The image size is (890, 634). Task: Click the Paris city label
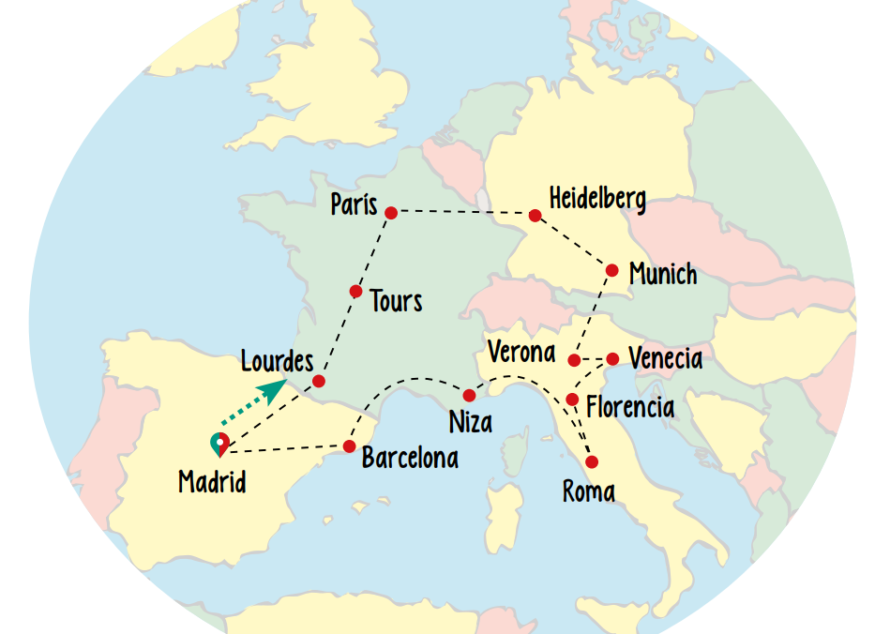[x=354, y=204]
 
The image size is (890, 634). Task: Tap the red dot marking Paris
[x=392, y=212]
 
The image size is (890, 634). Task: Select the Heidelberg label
[x=597, y=199]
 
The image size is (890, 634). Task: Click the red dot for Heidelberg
[x=535, y=216]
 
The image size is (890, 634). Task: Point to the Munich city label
[x=663, y=274]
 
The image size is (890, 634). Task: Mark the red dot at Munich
[x=611, y=270]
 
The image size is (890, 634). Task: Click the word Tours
[x=396, y=301]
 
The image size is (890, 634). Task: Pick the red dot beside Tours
[x=355, y=292]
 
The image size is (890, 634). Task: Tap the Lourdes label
[x=277, y=360]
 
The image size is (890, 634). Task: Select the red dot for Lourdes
[x=319, y=381]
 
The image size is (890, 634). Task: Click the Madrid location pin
[x=219, y=445]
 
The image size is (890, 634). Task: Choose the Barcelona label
[x=410, y=458]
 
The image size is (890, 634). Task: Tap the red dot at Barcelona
[x=349, y=446]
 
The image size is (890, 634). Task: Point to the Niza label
[x=471, y=422]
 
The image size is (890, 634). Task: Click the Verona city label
[x=521, y=353]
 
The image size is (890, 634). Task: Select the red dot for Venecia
[x=612, y=358]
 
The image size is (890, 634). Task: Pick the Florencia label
[x=629, y=407]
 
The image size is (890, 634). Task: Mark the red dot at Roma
[x=592, y=461]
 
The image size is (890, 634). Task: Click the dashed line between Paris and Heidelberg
[x=463, y=214]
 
